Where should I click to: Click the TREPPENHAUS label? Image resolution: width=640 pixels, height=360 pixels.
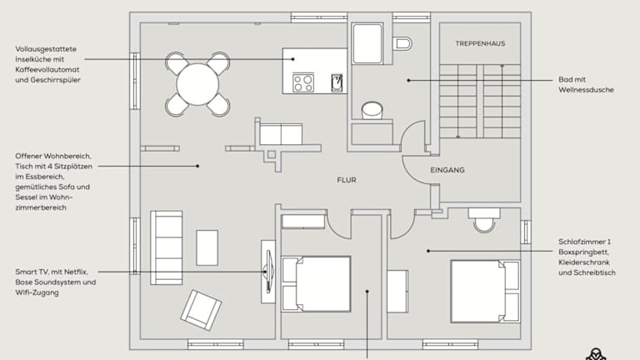tap(480, 43)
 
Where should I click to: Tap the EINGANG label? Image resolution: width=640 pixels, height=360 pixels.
tap(447, 170)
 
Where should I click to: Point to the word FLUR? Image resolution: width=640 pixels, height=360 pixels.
tap(347, 180)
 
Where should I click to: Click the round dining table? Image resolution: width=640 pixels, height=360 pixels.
tap(197, 84)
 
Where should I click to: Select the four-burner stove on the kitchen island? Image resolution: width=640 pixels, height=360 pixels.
tap(303, 82)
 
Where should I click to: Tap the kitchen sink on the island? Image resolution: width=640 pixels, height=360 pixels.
tap(337, 82)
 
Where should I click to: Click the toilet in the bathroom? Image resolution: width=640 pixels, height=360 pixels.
tap(402, 43)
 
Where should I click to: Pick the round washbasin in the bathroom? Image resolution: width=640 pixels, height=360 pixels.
tap(372, 111)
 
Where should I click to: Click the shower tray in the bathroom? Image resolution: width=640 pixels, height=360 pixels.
tap(367, 43)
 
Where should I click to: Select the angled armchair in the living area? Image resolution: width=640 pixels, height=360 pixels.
tap(201, 310)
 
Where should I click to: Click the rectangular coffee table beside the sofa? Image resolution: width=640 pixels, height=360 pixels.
tap(207, 247)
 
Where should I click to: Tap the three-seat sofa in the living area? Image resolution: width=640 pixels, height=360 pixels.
tap(166, 247)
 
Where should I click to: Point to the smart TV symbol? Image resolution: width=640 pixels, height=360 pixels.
tap(268, 272)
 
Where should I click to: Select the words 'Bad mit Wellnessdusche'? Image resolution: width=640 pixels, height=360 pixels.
tap(586, 84)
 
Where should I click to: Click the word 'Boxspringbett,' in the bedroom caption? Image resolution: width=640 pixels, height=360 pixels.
tap(583, 252)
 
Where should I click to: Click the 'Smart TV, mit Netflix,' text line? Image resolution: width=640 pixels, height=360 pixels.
tap(52, 272)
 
